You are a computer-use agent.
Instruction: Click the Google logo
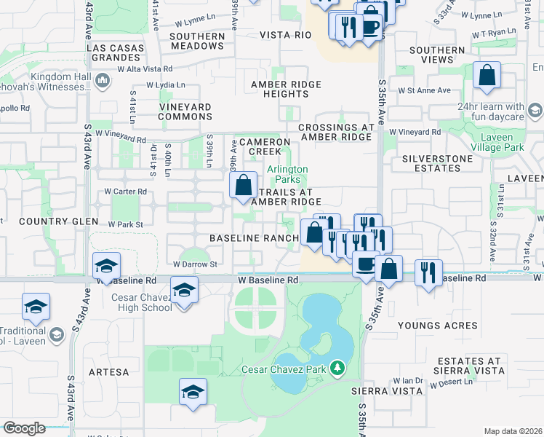pyautogui.click(x=24, y=428)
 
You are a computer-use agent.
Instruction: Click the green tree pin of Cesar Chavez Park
pyautogui.click(x=337, y=369)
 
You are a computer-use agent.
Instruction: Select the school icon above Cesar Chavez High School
pyautogui.click(x=184, y=290)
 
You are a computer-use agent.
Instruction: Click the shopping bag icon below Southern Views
pyautogui.click(x=487, y=75)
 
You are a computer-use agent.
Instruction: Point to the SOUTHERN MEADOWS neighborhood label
pyautogui.click(x=197, y=41)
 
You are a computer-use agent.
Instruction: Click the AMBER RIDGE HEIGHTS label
pyautogui.click(x=285, y=90)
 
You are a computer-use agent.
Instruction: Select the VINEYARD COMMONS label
pyautogui.click(x=185, y=111)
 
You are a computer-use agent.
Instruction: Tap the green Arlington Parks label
pyautogui.click(x=287, y=174)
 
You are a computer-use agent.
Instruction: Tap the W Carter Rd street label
pyautogui.click(x=126, y=192)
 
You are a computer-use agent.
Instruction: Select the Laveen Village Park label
pyautogui.click(x=508, y=141)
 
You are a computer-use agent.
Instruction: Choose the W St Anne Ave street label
pyautogui.click(x=429, y=90)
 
